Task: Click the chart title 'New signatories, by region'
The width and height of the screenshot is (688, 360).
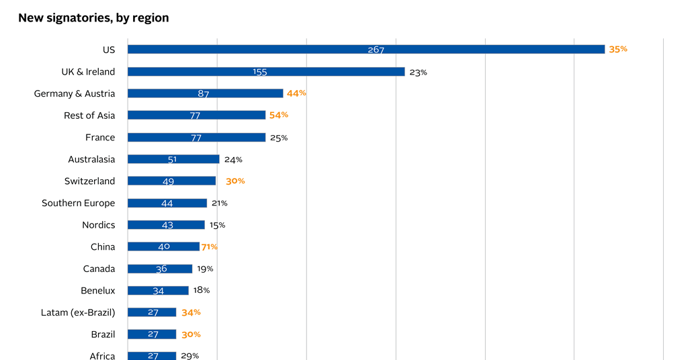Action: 93,18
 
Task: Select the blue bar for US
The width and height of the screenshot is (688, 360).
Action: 366,50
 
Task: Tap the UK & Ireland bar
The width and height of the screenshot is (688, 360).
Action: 266,71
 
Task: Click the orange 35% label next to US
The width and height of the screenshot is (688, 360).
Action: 618,50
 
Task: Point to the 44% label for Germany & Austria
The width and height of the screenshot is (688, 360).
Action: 296,93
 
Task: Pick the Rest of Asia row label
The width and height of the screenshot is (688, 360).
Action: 89,116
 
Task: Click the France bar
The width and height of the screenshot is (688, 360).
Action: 197,137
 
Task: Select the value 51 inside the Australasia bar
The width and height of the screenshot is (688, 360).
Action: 172,160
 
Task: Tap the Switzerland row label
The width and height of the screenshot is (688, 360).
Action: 89,181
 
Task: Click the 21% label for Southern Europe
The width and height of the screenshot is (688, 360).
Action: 220,203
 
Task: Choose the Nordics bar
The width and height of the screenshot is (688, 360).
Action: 167,225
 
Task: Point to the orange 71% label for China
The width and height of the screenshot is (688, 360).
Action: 210,247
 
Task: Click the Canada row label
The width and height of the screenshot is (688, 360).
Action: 99,269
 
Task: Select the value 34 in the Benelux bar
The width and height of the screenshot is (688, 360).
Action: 159,291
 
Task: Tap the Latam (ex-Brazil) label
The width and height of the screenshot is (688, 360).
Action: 78,312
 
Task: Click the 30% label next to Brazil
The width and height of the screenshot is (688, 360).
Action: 191,334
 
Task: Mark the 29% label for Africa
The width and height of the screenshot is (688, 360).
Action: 190,356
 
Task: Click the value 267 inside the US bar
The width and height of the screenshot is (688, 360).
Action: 376,50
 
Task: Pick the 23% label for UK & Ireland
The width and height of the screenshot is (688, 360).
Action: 418,73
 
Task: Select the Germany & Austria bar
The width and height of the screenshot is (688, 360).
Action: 206,93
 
